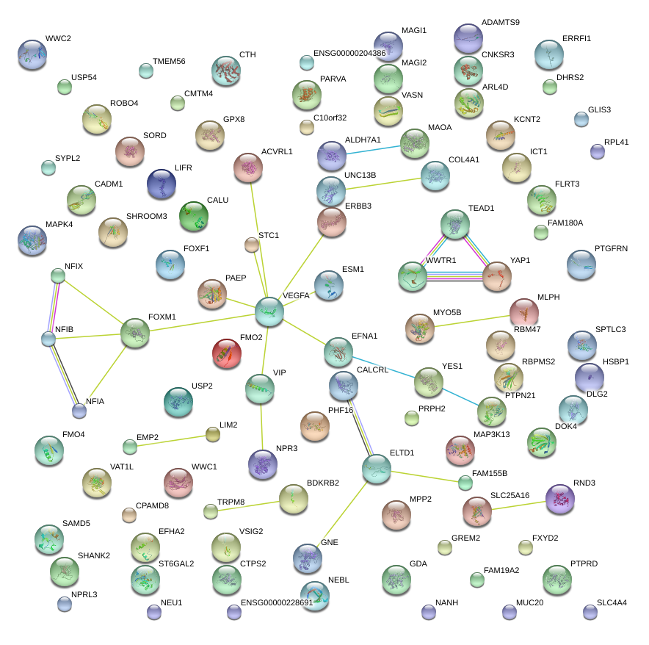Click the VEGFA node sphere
pos(269,312)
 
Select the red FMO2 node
pos(227,354)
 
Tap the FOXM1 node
pos(135,333)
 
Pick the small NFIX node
pos(58,275)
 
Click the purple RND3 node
pos(560,499)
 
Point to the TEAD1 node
pos(455,224)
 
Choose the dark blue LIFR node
pos(162,184)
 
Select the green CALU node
pos(194,216)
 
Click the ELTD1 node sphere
pos(377,469)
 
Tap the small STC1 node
pos(252,245)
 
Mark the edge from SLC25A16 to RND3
pos(518,504)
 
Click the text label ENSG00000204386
pos(349,54)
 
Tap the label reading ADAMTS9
pos(500,23)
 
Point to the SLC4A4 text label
pos(612,603)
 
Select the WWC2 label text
pos(59,38)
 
